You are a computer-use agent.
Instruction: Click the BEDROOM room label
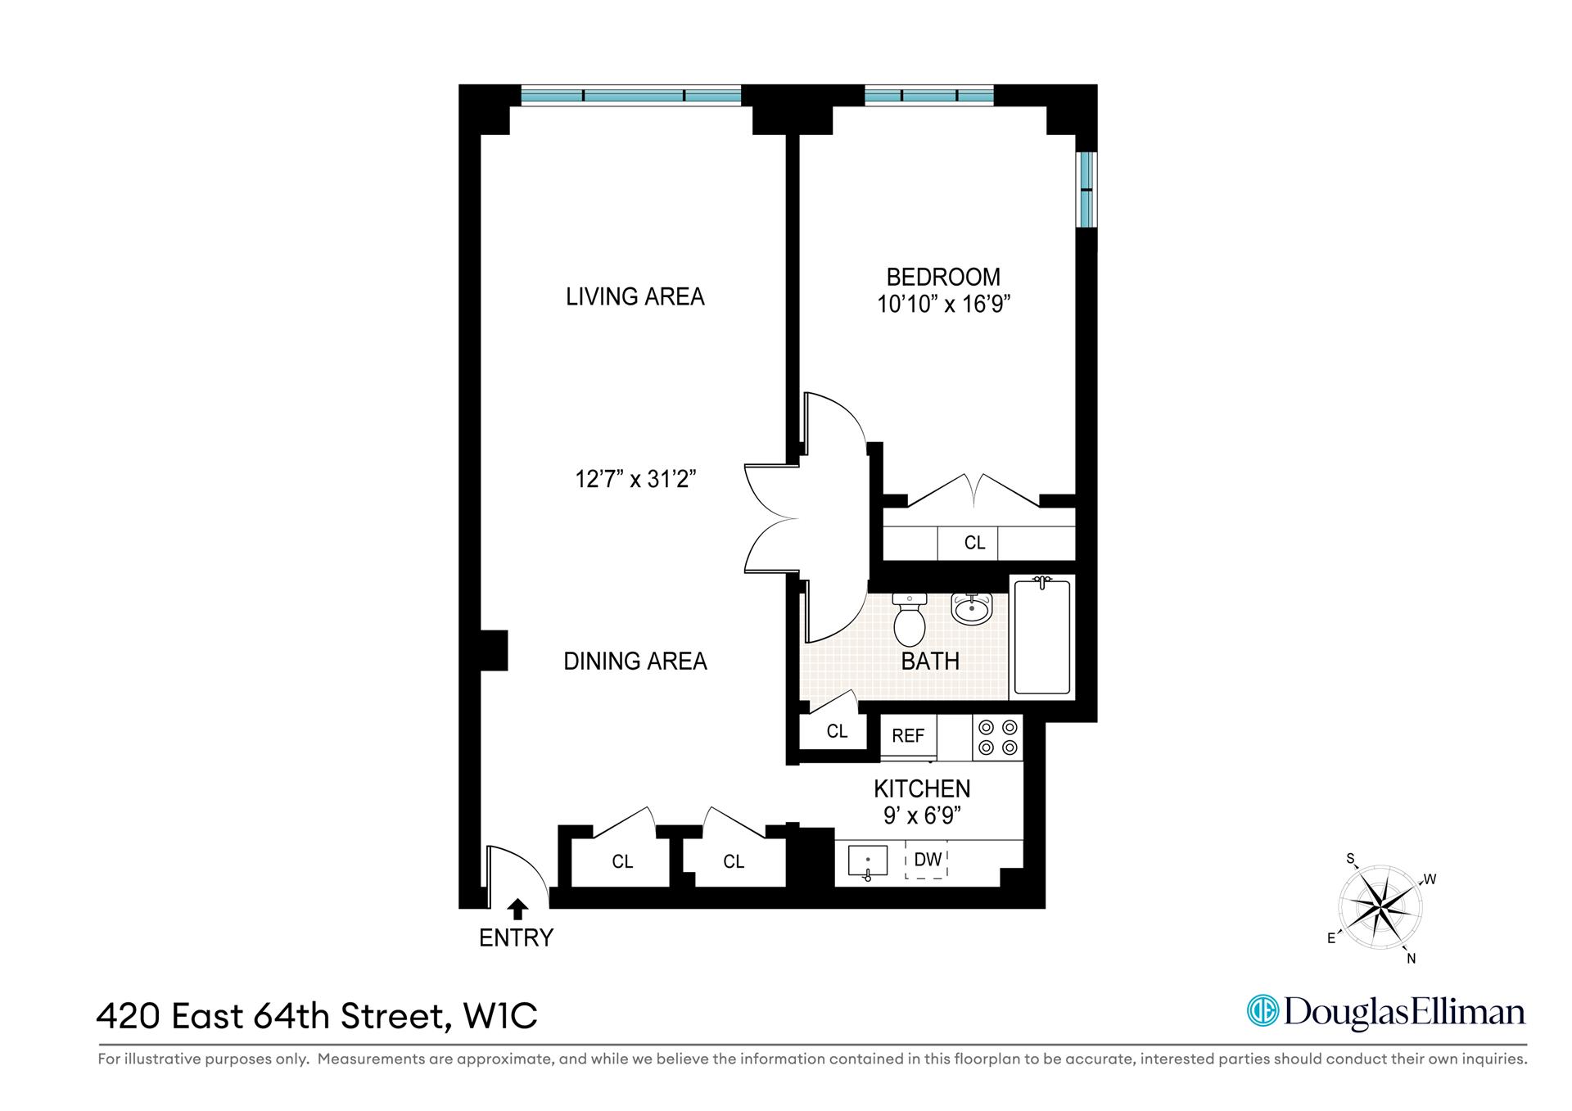pyautogui.click(x=943, y=277)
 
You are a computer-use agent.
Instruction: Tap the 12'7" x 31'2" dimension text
pyautogui.click(x=635, y=479)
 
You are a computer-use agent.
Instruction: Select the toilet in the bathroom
pyautogui.click(x=909, y=622)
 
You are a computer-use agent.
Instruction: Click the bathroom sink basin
pyautogui.click(x=972, y=609)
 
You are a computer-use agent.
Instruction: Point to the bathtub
pyautogui.click(x=1041, y=637)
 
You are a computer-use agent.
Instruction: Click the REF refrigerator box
pyautogui.click(x=908, y=735)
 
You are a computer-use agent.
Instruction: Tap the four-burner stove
pyautogui.click(x=998, y=737)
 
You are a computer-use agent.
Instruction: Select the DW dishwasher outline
pyautogui.click(x=927, y=860)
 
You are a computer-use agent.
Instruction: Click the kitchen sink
pyautogui.click(x=868, y=862)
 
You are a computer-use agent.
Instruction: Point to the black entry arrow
pyautogui.click(x=517, y=909)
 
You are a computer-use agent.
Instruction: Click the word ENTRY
pyautogui.click(x=516, y=937)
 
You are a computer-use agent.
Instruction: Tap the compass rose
pyautogui.click(x=1380, y=907)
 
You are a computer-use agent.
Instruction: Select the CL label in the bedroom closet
pyautogui.click(x=974, y=543)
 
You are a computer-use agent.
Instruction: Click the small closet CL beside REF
pyautogui.click(x=836, y=731)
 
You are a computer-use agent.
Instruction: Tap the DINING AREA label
pyautogui.click(x=635, y=661)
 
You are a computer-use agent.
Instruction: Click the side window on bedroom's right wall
pyautogui.click(x=1086, y=190)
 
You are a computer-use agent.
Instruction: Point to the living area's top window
pyautogui.click(x=631, y=96)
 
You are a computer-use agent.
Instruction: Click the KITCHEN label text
pyautogui.click(x=922, y=788)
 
